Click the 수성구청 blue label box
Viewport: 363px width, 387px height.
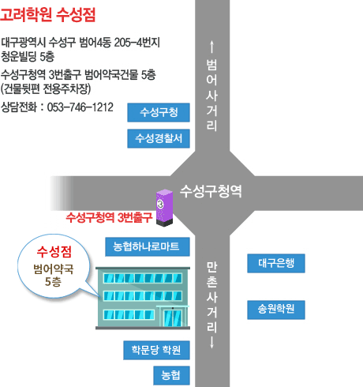point(159,112)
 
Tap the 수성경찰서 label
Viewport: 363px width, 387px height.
point(159,138)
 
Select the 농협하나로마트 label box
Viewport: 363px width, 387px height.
point(148,246)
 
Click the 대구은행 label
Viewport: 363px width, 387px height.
point(276,263)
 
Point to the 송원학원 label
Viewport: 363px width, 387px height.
point(276,310)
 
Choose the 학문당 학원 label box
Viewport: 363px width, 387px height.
point(156,350)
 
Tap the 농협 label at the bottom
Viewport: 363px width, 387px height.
point(171,375)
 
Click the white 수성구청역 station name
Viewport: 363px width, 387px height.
point(211,191)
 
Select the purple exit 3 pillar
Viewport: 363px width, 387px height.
point(164,208)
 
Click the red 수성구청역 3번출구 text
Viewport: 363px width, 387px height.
point(109,217)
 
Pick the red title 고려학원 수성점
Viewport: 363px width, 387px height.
point(47,14)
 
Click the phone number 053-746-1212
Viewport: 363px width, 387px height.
point(80,107)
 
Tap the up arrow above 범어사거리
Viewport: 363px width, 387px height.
point(211,47)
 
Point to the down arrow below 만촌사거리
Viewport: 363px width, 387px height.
point(211,343)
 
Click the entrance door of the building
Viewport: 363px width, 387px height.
point(173,317)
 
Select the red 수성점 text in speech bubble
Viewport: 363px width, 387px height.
point(54,251)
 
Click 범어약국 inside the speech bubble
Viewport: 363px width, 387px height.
point(54,269)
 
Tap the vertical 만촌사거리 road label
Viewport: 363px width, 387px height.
point(211,297)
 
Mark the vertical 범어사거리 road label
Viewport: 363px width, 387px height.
point(211,95)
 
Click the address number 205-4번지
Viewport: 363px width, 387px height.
point(137,43)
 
